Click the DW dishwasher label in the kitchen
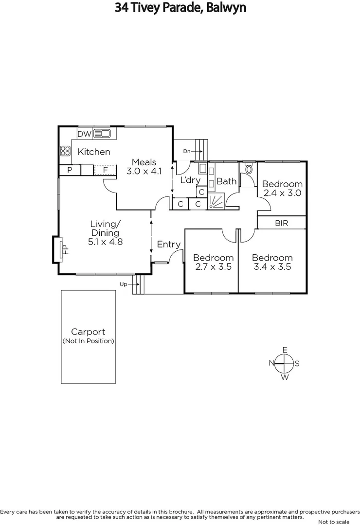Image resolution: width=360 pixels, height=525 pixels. pyautogui.click(x=85, y=133)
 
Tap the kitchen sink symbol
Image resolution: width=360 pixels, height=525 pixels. pyautogui.click(x=103, y=133)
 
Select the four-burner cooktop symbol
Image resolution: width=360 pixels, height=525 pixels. pyautogui.click(x=65, y=151)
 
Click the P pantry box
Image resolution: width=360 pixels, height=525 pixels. pyautogui.click(x=70, y=170)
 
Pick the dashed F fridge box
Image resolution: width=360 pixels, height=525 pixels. pyautogui.click(x=105, y=170)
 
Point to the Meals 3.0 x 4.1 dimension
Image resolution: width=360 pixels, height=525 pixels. pyautogui.click(x=144, y=171)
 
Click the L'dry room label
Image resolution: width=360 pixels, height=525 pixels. pyautogui.click(x=190, y=180)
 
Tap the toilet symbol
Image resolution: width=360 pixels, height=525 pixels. pyautogui.click(x=249, y=170)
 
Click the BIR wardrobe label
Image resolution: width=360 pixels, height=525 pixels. pyautogui.click(x=282, y=223)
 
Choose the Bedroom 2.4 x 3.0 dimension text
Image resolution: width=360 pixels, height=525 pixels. pyautogui.click(x=282, y=193)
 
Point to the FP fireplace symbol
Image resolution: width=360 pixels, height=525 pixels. pyautogui.click(x=63, y=249)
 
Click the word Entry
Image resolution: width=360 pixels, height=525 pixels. pyautogui.click(x=168, y=245)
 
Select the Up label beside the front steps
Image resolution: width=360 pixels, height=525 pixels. pyautogui.click(x=124, y=283)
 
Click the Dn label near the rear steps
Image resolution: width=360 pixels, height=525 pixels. pyautogui.click(x=187, y=152)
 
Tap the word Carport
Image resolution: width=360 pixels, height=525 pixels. pyautogui.click(x=88, y=332)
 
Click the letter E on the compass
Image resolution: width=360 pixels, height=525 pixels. pyautogui.click(x=285, y=350)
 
